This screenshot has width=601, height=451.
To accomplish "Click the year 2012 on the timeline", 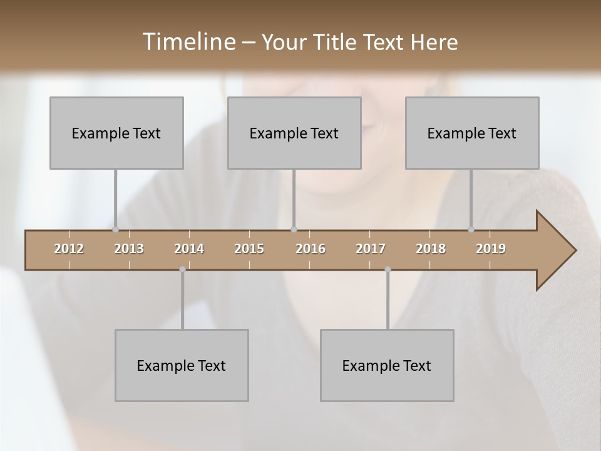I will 69,249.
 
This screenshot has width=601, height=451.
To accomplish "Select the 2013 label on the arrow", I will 129,249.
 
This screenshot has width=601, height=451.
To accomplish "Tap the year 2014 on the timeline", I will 189,249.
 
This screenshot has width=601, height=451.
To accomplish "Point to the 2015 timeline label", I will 249,249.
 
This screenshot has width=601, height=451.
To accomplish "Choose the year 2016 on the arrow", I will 311,249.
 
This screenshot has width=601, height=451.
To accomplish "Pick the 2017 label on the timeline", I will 371,249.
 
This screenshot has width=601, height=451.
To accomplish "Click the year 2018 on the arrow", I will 431,249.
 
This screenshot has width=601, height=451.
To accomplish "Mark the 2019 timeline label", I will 491,249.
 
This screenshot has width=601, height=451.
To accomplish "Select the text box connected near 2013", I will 116,133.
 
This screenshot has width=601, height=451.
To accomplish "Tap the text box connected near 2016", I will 294,133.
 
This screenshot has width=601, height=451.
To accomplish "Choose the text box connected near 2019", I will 472,133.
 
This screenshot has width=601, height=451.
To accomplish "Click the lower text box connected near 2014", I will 182,365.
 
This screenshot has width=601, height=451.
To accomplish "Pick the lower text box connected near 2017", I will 387,365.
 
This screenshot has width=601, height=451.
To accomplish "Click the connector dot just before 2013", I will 115,229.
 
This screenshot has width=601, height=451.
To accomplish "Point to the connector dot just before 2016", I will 294,229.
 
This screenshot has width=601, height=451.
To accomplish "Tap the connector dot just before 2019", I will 471,229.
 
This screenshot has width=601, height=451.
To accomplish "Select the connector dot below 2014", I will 182,269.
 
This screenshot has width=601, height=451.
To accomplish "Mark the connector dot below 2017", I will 388,269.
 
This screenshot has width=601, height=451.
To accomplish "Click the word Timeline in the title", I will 188,41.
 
